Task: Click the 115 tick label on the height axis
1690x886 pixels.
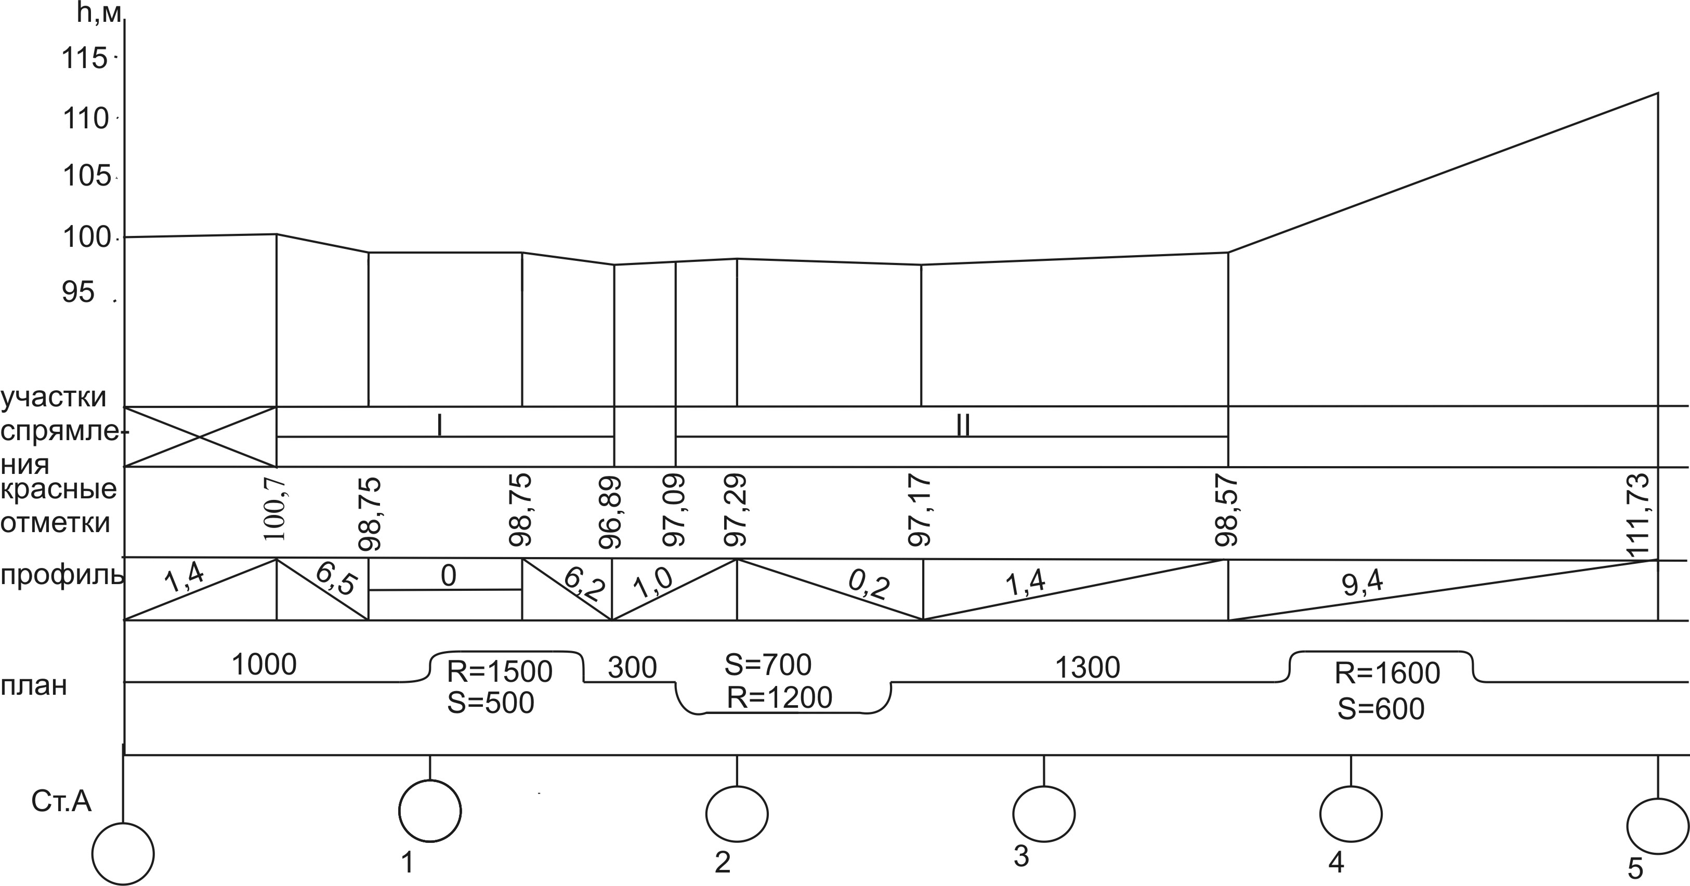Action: click(84, 58)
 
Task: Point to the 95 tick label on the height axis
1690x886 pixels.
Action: click(78, 292)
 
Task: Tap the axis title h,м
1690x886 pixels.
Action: click(99, 13)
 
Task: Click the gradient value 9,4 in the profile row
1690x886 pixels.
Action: click(1362, 583)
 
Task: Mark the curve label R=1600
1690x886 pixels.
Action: click(1387, 673)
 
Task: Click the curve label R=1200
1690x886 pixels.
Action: click(779, 698)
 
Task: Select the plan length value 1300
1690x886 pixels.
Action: click(1087, 668)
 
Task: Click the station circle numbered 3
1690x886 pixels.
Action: click(1044, 814)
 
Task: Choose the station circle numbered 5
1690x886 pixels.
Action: click(1658, 826)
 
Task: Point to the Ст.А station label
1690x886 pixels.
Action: click(61, 802)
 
